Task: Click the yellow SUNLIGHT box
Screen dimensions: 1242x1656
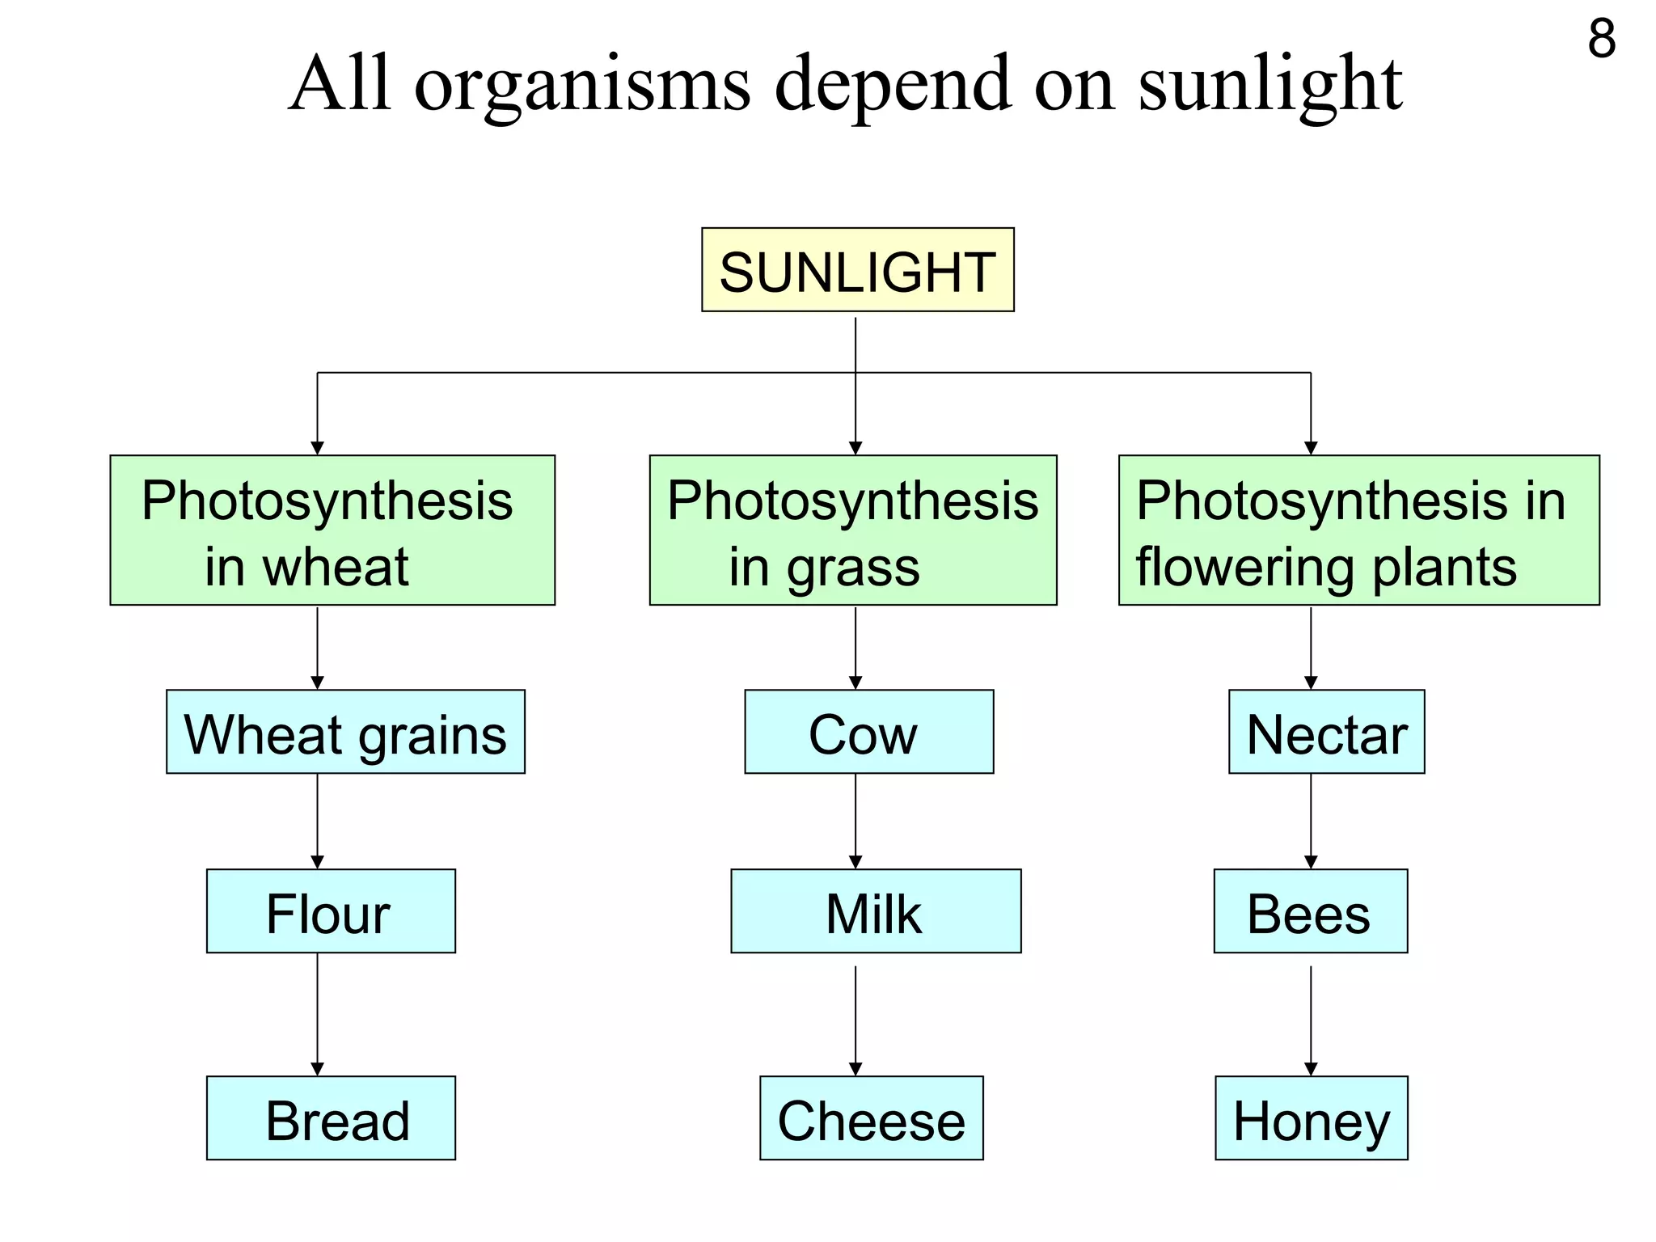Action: point(857,270)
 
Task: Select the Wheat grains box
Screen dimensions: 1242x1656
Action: point(345,732)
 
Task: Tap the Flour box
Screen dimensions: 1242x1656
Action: point(331,911)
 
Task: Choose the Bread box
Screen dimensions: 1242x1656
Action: point(331,1118)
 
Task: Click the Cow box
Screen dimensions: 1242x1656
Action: point(868,732)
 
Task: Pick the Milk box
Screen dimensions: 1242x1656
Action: point(876,911)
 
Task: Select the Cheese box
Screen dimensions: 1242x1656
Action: point(871,1118)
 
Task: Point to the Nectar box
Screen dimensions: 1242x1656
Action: point(1326,732)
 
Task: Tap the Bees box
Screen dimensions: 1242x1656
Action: point(1310,911)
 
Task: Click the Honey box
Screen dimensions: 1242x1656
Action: point(1311,1118)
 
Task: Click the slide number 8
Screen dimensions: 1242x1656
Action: point(1601,38)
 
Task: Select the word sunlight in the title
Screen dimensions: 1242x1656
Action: point(1269,85)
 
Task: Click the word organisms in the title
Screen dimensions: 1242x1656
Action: point(582,85)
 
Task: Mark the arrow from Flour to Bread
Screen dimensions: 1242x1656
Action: point(317,1015)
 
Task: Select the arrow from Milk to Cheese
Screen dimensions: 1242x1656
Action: point(855,1019)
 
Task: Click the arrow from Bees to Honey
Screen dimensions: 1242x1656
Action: point(1311,1019)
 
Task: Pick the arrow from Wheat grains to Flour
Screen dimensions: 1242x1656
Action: point(317,821)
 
